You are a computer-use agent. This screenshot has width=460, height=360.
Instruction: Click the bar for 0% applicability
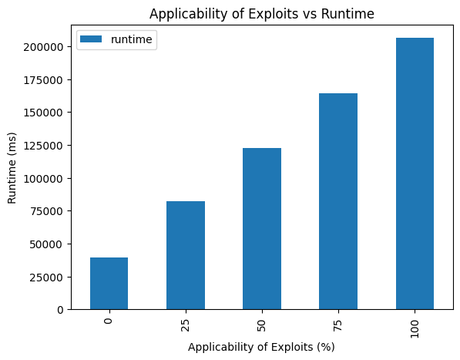click(x=109, y=284)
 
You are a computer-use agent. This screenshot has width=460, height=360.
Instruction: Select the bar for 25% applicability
click(x=186, y=255)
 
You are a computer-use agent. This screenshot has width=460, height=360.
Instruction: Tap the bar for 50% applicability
click(x=262, y=229)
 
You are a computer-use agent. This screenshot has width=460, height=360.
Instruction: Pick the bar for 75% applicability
click(x=338, y=201)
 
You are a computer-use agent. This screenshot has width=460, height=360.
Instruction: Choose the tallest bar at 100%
click(x=415, y=173)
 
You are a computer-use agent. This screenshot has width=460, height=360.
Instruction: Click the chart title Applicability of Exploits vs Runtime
click(x=262, y=14)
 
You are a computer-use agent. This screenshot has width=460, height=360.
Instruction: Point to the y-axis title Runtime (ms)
click(x=12, y=168)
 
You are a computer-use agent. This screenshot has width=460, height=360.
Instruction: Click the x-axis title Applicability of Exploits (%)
click(x=261, y=347)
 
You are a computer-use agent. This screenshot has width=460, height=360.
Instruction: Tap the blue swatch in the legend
click(x=91, y=39)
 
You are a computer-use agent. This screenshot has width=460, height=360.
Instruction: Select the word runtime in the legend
click(x=132, y=39)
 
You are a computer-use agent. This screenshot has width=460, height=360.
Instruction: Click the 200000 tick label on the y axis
click(x=43, y=47)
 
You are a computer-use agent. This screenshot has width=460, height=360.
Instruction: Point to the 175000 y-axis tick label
click(x=43, y=80)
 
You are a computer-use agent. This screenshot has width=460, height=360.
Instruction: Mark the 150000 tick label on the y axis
click(x=43, y=113)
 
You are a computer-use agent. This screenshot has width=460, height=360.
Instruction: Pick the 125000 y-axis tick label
click(x=43, y=146)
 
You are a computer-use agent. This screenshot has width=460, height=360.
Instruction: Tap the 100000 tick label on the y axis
click(x=43, y=178)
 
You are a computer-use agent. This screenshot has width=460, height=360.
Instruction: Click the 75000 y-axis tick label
click(x=47, y=211)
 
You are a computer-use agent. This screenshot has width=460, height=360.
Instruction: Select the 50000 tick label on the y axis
click(x=47, y=244)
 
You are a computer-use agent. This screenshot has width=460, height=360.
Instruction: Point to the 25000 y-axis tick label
click(x=47, y=277)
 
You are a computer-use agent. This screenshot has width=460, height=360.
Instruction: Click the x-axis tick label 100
click(x=415, y=328)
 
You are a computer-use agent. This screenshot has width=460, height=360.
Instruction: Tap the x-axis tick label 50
click(x=262, y=325)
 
